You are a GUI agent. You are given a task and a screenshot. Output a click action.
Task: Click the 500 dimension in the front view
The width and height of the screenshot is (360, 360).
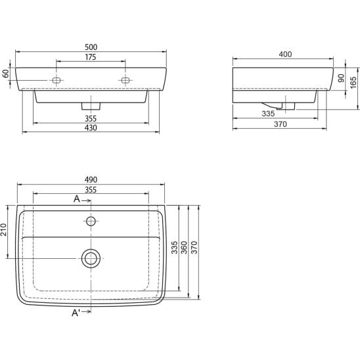point(91,47)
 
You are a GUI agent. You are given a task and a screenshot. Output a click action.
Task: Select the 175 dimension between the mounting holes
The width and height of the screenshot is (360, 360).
point(91,57)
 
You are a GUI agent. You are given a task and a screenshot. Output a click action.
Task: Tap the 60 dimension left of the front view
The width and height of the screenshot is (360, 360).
point(6,74)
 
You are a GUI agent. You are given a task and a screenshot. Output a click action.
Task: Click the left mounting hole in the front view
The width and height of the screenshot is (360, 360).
point(56,80)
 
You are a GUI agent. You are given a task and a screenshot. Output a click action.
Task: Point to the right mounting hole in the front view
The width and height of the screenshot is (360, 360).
point(125,80)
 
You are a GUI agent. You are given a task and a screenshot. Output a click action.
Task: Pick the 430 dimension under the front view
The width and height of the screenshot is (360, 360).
point(91,128)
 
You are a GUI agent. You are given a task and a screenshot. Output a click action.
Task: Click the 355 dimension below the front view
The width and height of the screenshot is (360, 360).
point(91,119)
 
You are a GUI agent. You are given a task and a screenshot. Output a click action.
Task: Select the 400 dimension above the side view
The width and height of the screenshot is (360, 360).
point(285,54)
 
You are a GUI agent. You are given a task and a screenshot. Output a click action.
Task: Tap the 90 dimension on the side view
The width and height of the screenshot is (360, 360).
point(342,78)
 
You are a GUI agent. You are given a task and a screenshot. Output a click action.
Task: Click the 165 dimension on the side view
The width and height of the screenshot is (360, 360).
point(353,82)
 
